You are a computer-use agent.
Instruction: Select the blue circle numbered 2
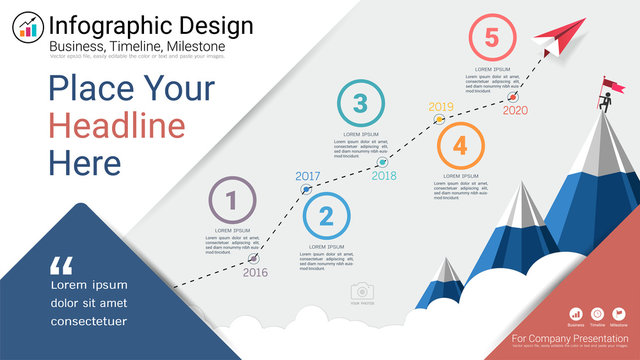click(326, 215)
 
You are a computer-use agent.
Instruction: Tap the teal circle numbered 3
click(361, 102)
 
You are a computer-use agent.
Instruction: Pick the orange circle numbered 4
click(459, 145)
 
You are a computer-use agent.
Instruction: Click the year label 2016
click(255, 272)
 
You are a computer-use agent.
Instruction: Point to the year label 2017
click(308, 177)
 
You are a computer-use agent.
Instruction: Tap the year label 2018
click(384, 176)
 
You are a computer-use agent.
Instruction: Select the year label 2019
click(440, 107)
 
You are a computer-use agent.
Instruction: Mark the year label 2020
click(515, 110)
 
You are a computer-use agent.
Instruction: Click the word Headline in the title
click(117, 126)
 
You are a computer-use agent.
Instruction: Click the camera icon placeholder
click(361, 291)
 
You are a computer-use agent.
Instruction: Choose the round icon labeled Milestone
click(619, 314)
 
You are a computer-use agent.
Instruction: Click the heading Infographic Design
click(151, 25)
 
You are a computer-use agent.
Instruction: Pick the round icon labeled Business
click(576, 314)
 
